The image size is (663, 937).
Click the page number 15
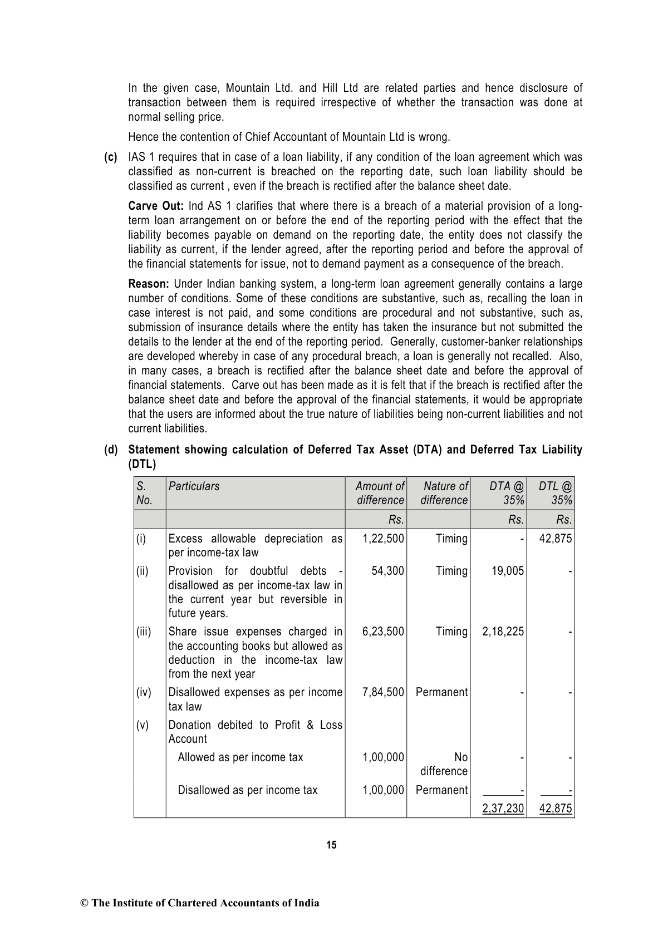[331, 845]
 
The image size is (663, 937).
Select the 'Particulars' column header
[194, 486]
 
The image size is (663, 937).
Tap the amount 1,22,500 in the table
[383, 539]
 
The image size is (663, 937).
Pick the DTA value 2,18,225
[503, 632]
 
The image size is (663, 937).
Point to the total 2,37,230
[503, 808]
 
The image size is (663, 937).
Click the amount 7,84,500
[383, 692]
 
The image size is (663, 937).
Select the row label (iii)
[144, 632]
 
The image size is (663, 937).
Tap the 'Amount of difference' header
[380, 493]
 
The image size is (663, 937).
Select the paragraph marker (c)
[111, 157]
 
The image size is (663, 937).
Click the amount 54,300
[387, 571]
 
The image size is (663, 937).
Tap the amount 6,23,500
[383, 632]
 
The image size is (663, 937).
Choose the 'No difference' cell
[444, 764]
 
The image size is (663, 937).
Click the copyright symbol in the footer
[85, 903]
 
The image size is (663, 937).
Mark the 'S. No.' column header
[144, 493]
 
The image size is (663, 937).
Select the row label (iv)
[144, 692]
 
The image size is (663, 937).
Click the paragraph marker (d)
[111, 450]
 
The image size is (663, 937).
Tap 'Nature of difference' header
[444, 493]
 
